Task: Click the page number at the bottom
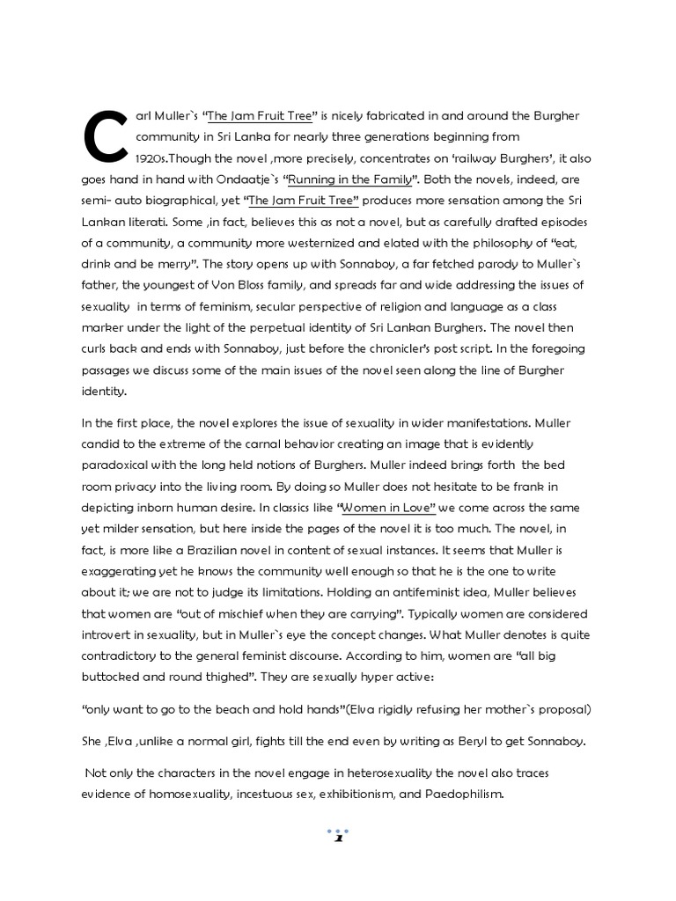(x=338, y=837)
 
